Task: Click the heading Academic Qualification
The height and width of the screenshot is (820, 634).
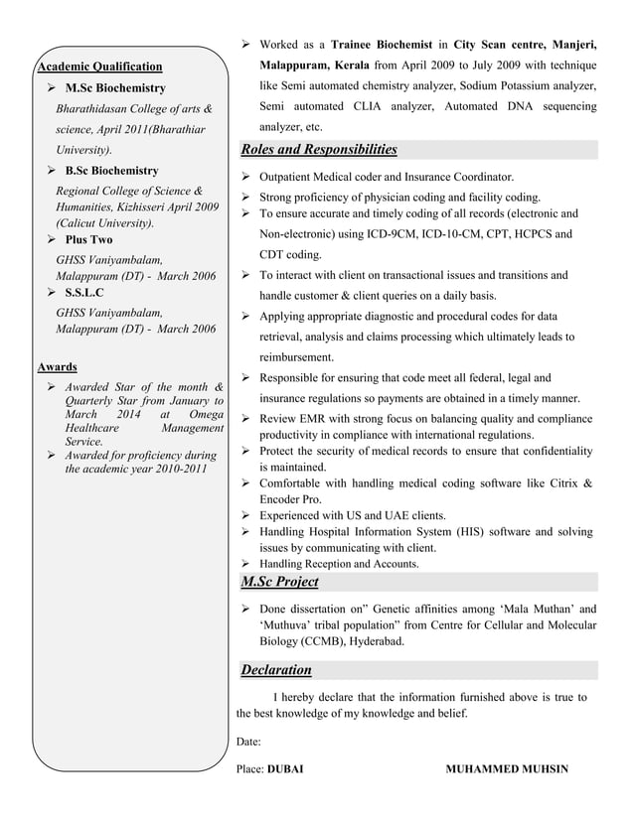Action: click(x=99, y=67)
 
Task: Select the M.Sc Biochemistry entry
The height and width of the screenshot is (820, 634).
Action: click(x=115, y=88)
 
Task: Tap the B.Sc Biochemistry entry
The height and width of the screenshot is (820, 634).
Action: click(x=111, y=171)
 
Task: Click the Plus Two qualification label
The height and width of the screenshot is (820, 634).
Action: click(x=88, y=239)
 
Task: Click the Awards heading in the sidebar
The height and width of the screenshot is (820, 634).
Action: click(x=57, y=366)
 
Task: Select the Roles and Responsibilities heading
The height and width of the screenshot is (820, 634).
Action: click(x=319, y=150)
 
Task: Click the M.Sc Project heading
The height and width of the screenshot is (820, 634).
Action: click(x=280, y=581)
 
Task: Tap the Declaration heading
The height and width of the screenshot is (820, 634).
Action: click(x=281, y=670)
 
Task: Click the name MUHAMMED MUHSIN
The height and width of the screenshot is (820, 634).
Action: click(x=508, y=769)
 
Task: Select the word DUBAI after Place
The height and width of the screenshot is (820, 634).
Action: click(x=285, y=769)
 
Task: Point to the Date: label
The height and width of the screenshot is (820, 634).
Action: click(x=248, y=742)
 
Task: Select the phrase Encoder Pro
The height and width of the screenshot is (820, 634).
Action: click(x=290, y=499)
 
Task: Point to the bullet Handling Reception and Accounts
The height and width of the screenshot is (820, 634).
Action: click(x=339, y=564)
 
